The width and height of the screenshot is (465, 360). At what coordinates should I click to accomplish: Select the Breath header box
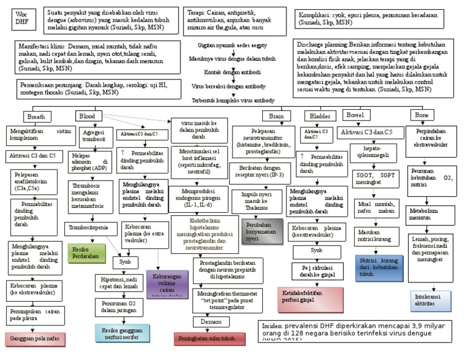click(42, 116)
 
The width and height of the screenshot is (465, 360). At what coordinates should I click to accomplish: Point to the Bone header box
click(437, 115)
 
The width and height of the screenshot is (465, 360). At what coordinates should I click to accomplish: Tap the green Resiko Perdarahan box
click(87, 252)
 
